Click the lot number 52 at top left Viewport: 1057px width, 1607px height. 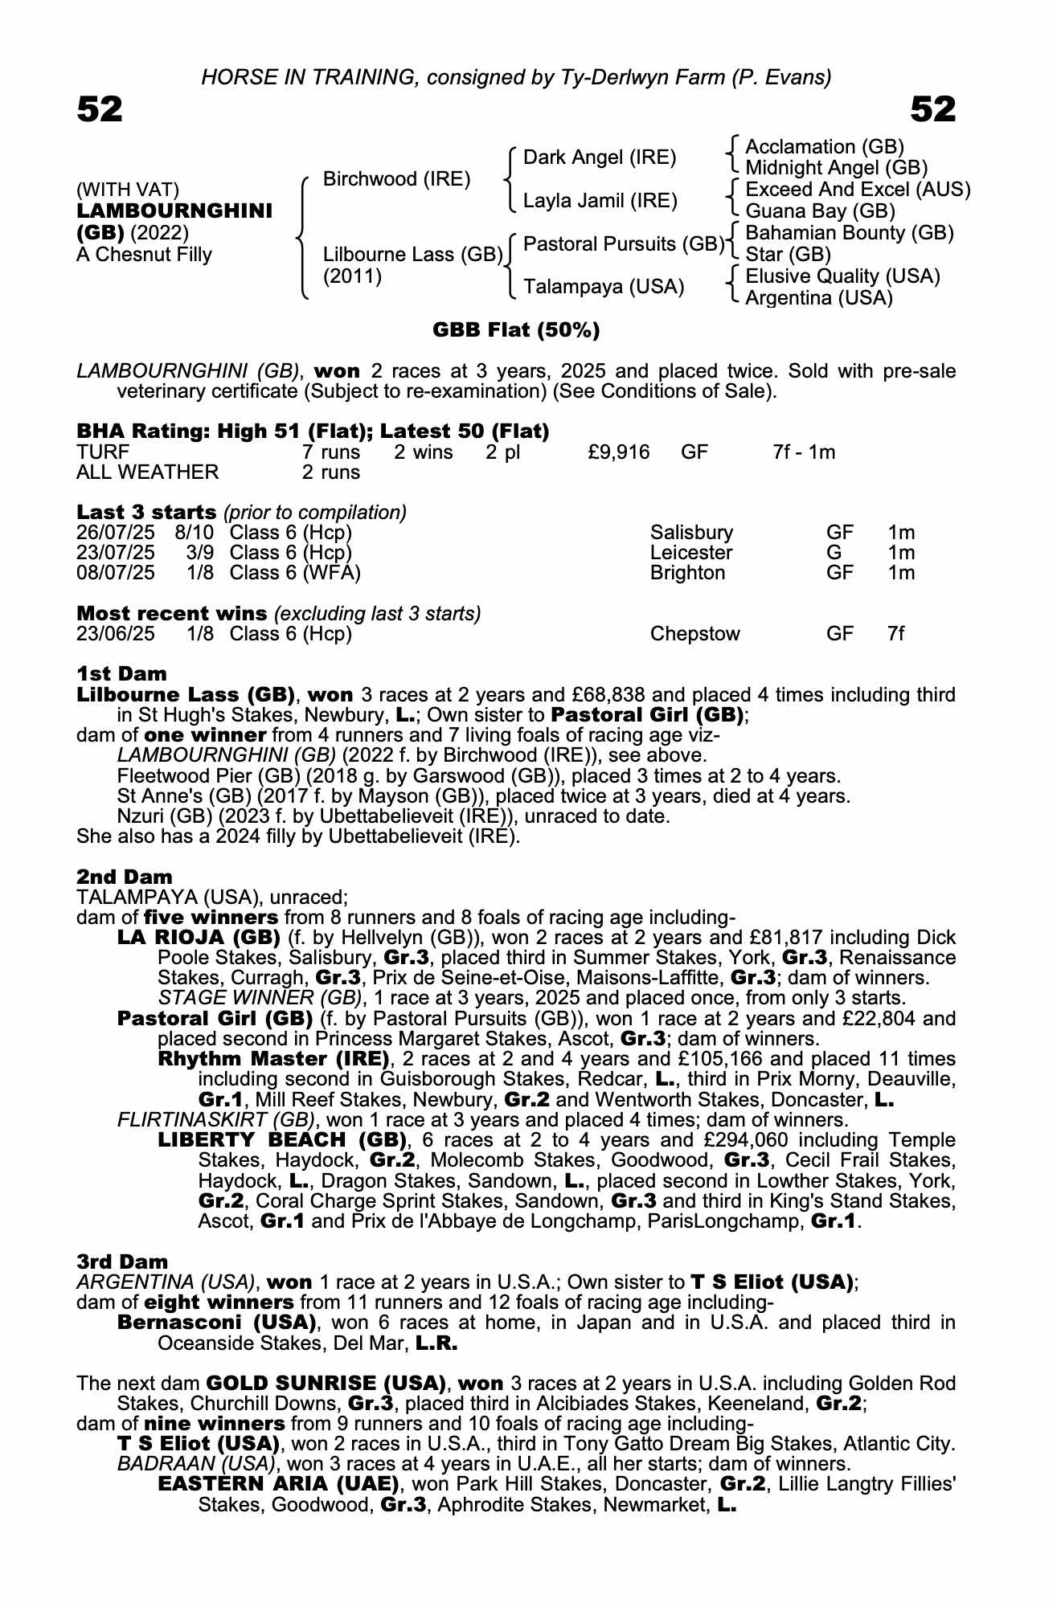(x=100, y=110)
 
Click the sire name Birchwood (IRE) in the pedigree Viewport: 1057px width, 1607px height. (x=396, y=178)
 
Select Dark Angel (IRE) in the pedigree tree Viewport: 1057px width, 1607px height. (x=600, y=157)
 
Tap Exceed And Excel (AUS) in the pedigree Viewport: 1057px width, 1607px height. (x=858, y=190)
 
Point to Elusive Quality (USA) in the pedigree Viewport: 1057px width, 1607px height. (x=842, y=276)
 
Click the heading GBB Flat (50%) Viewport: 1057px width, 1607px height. (x=516, y=330)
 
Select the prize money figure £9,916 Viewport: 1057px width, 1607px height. (x=618, y=452)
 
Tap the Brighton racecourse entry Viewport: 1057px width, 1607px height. (x=687, y=573)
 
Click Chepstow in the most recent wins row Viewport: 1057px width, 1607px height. (x=694, y=634)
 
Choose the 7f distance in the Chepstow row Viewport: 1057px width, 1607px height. (x=895, y=634)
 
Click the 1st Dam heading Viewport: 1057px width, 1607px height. (x=121, y=673)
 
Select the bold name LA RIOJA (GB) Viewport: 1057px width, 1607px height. (x=199, y=938)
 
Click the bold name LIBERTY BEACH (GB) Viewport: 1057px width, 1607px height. (x=282, y=1140)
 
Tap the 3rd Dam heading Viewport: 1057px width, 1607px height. (x=122, y=1261)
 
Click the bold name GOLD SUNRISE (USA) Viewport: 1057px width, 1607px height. (x=326, y=1383)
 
